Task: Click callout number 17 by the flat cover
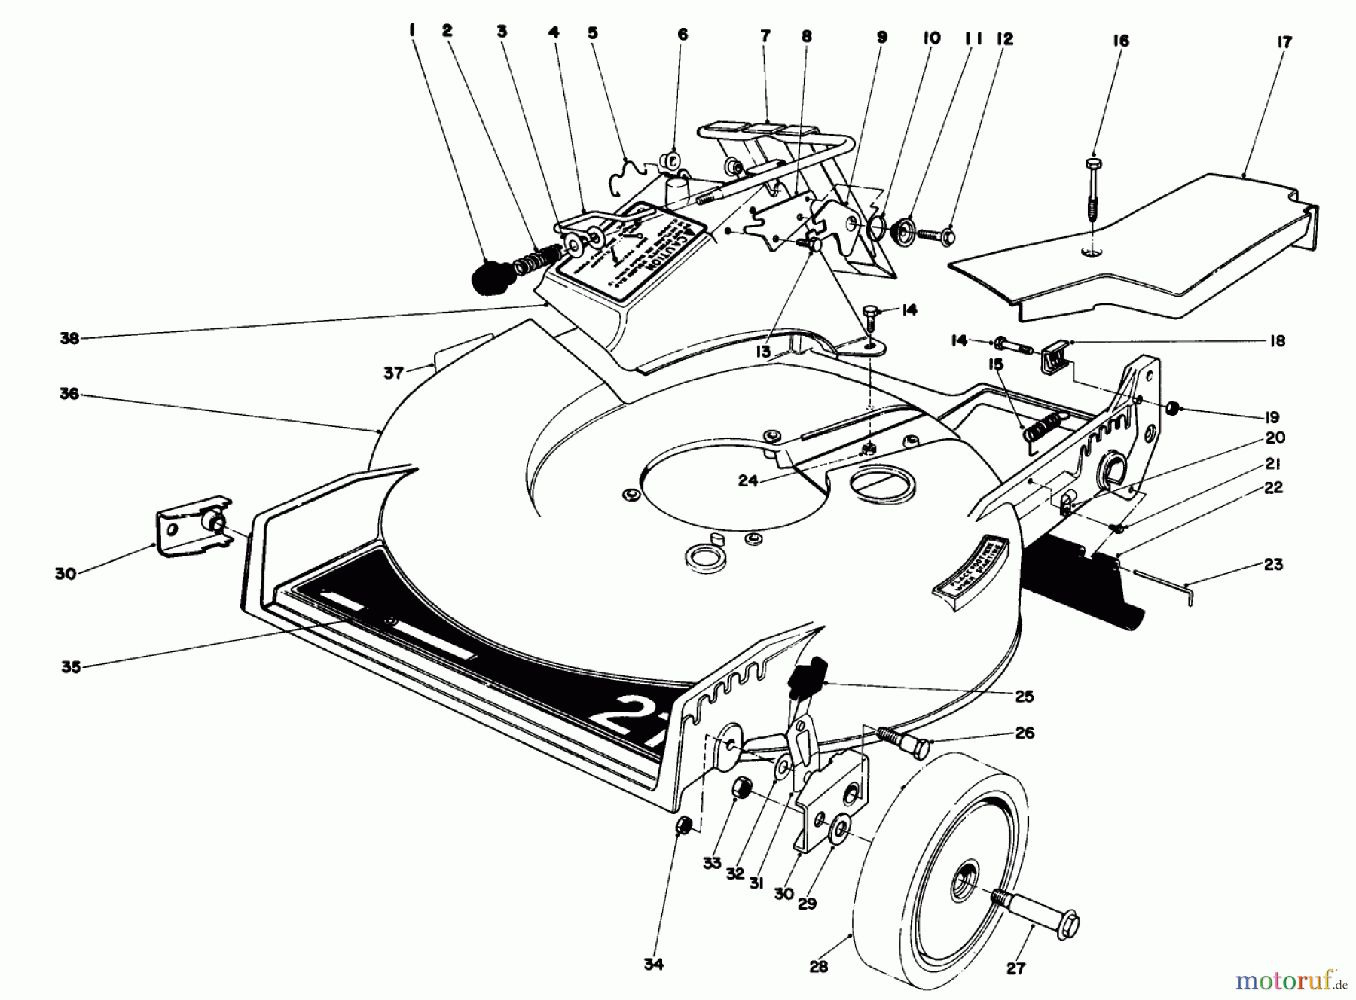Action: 1284,42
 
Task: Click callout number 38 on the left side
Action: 69,339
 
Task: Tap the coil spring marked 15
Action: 1036,434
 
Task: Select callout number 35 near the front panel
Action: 71,666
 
